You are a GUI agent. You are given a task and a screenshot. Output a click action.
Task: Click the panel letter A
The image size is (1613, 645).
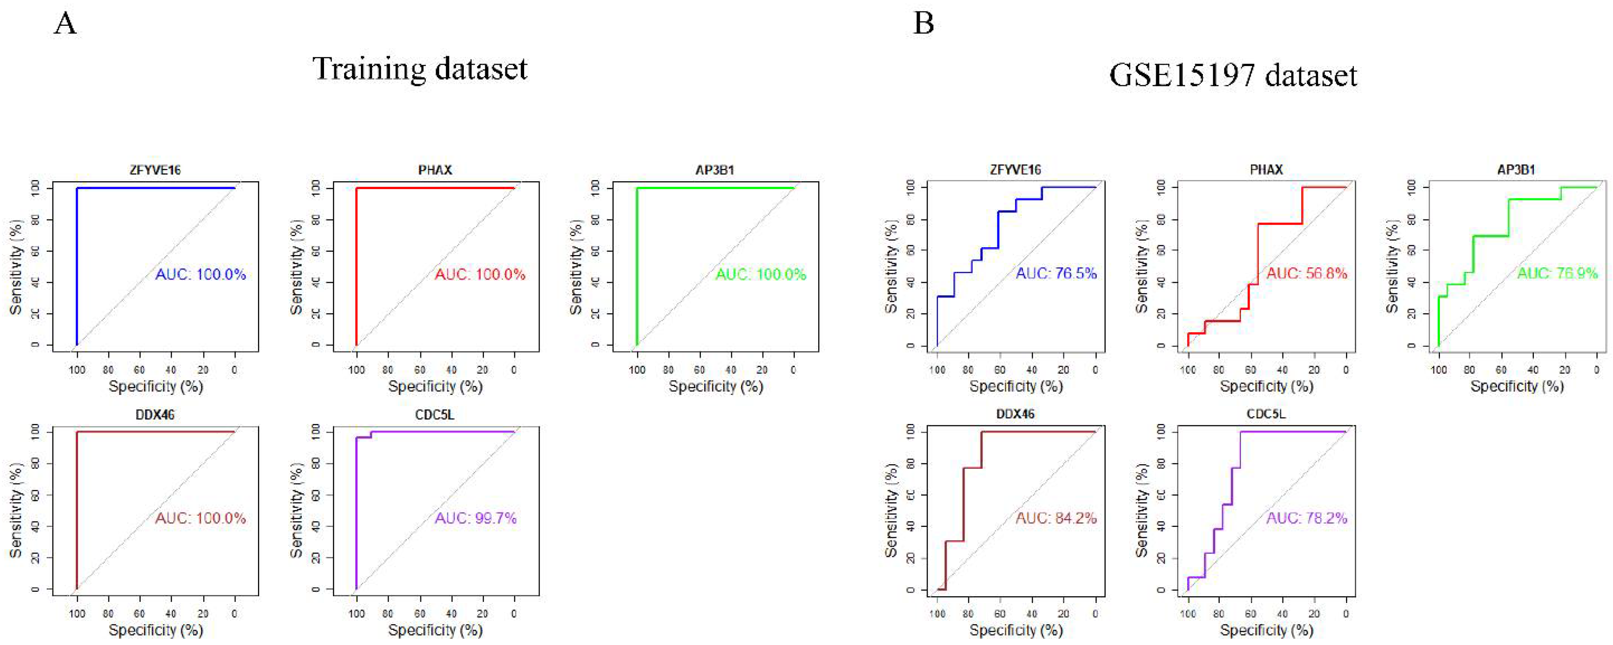click(x=66, y=25)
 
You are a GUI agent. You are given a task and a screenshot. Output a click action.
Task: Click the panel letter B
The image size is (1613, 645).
click(x=924, y=24)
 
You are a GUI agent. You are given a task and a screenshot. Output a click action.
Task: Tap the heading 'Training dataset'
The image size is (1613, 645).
click(x=420, y=69)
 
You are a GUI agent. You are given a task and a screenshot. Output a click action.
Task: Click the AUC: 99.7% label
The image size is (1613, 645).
click(x=476, y=518)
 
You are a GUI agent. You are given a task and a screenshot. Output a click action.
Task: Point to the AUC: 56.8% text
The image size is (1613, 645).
click(x=1307, y=273)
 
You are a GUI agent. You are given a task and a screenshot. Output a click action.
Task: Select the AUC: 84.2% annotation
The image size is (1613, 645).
click(x=1056, y=518)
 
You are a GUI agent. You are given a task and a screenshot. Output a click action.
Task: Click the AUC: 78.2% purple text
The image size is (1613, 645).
click(x=1307, y=518)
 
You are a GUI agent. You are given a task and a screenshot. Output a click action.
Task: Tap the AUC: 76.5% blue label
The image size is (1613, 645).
click(x=1056, y=273)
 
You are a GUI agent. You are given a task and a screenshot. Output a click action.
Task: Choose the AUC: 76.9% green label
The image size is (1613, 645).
click(x=1557, y=273)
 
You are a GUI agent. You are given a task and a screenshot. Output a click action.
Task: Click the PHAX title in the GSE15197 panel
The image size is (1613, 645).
click(x=1266, y=170)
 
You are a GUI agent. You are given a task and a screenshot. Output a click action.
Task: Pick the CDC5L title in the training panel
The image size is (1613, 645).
click(x=435, y=415)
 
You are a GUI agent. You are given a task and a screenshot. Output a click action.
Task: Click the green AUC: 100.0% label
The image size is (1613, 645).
click(x=761, y=274)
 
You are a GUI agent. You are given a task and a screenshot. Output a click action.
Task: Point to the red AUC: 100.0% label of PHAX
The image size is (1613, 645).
click(x=480, y=274)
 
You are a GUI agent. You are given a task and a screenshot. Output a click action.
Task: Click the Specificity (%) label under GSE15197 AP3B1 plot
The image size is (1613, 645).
click(x=1517, y=386)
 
